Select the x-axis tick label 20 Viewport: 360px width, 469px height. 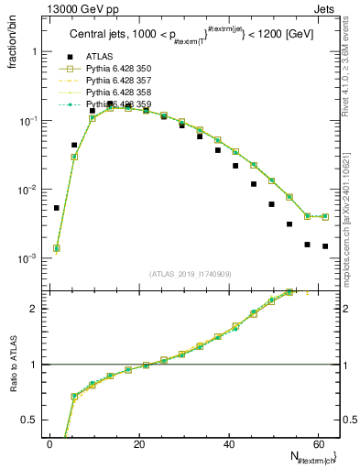[138, 444]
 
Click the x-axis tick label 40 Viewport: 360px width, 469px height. [228, 444]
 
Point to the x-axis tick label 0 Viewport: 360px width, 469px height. [49, 444]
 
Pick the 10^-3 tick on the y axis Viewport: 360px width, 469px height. [26, 259]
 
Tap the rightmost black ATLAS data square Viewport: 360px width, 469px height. [325, 246]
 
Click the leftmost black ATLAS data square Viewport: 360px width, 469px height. [57, 208]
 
